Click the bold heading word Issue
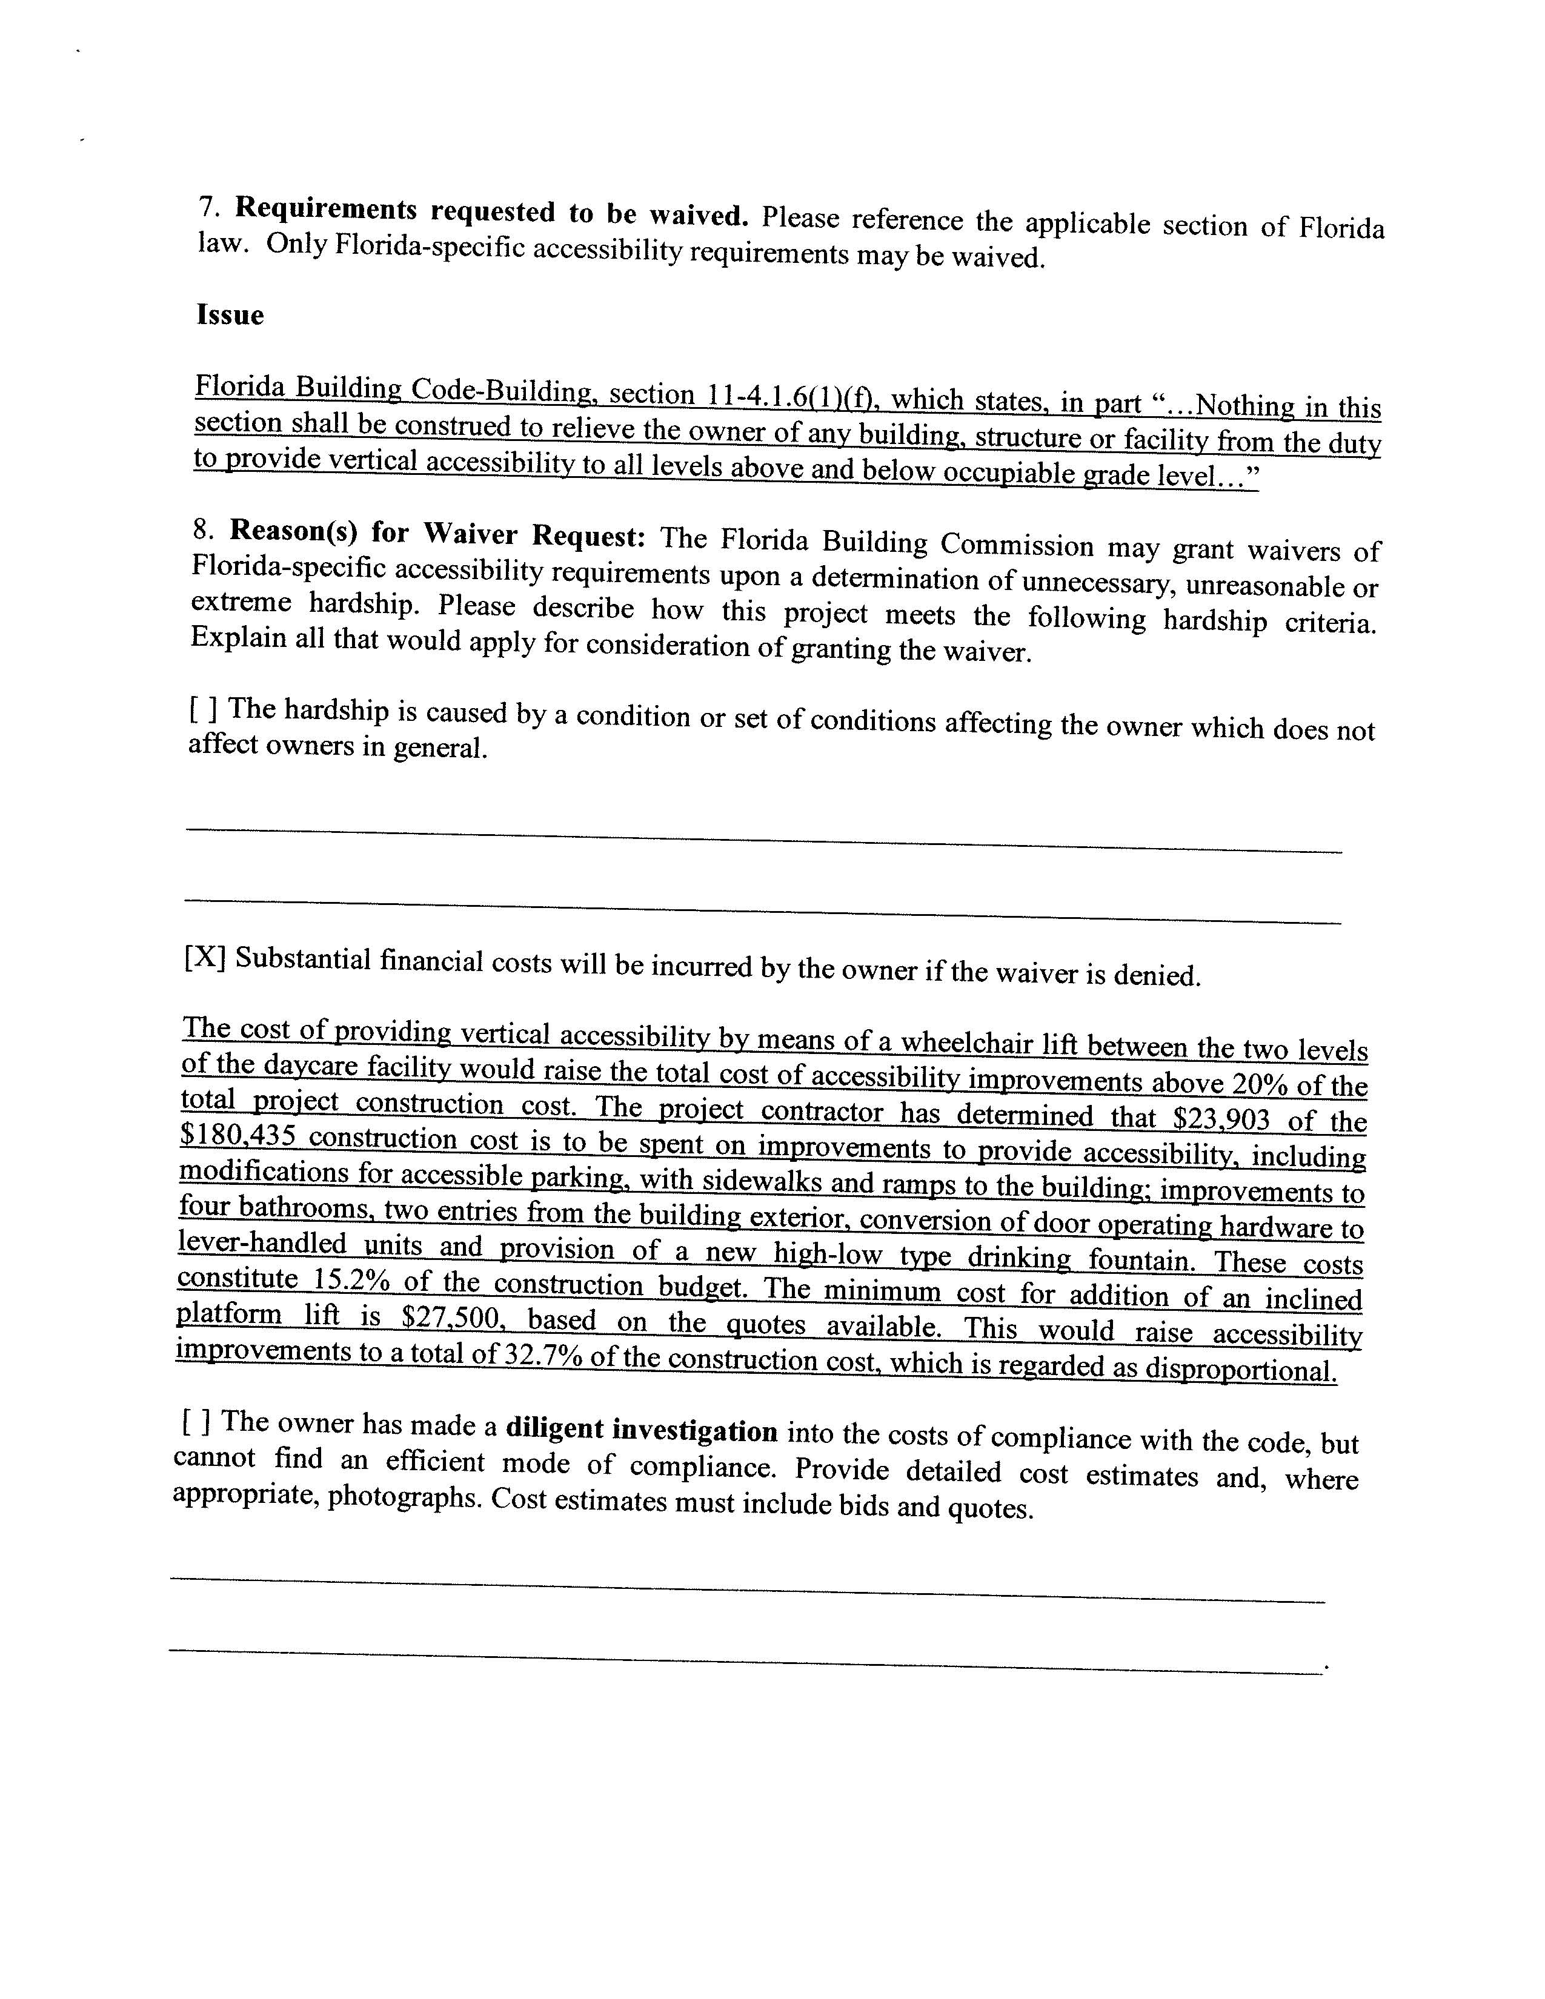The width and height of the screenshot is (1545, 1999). pos(230,316)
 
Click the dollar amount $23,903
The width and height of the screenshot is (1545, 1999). pos(1214,1120)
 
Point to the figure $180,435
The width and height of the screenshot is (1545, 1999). pos(238,1136)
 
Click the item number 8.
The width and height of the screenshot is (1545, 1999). pos(202,529)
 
